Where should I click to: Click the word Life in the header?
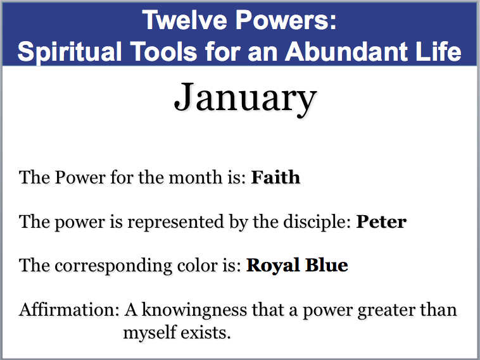pos(436,51)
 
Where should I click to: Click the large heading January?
pos(244,99)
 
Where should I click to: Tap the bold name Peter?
pos(381,221)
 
